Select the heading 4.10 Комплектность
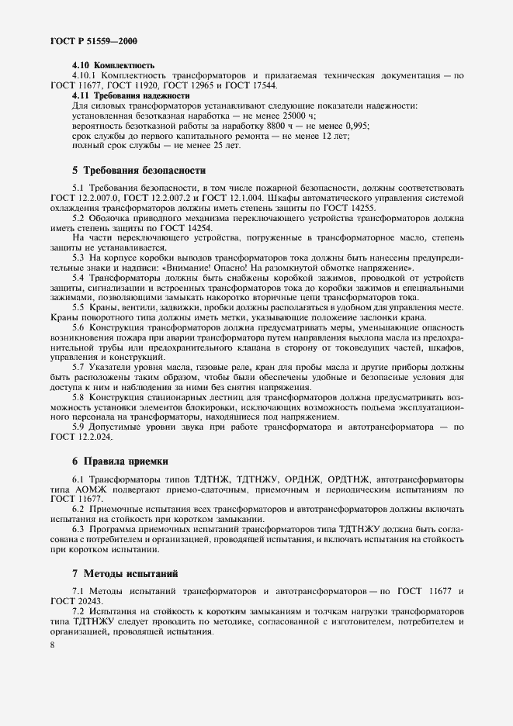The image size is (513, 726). (113, 66)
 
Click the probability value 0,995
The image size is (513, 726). (355, 125)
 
